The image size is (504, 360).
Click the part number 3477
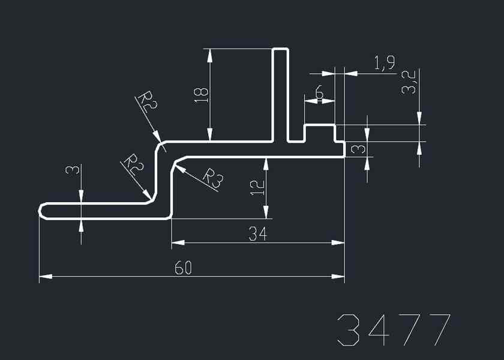[394, 329]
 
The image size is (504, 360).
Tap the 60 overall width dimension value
[183, 268]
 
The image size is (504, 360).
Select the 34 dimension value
[257, 235]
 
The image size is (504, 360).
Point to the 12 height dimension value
[257, 187]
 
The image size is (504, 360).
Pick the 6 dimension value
[319, 93]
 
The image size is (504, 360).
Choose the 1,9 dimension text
[384, 63]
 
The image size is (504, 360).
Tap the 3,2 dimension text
[409, 82]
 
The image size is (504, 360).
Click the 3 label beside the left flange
[72, 170]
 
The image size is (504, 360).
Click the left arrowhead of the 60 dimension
[44, 277]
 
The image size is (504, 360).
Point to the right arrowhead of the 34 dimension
[340, 243]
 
